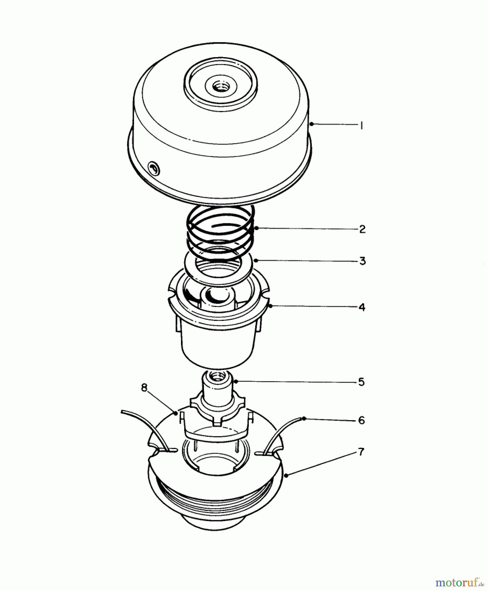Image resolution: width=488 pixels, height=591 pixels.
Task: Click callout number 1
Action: (361, 125)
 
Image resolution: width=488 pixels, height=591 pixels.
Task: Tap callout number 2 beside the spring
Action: (362, 229)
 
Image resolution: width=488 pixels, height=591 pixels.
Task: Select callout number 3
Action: (362, 261)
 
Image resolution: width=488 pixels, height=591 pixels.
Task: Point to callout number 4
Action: (362, 307)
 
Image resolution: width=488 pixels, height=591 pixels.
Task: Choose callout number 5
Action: (361, 382)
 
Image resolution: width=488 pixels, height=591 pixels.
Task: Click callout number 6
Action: (361, 420)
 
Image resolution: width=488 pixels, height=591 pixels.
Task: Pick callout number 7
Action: (361, 452)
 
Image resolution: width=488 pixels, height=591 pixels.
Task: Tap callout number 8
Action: (144, 388)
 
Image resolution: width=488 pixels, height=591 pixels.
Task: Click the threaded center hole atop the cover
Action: (218, 87)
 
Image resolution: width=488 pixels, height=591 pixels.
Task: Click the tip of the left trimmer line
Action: (122, 411)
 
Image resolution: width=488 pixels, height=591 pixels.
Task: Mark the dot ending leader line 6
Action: (304, 418)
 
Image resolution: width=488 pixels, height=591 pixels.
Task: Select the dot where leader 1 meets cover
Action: (311, 124)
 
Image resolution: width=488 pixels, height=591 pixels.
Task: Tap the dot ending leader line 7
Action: (286, 475)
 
